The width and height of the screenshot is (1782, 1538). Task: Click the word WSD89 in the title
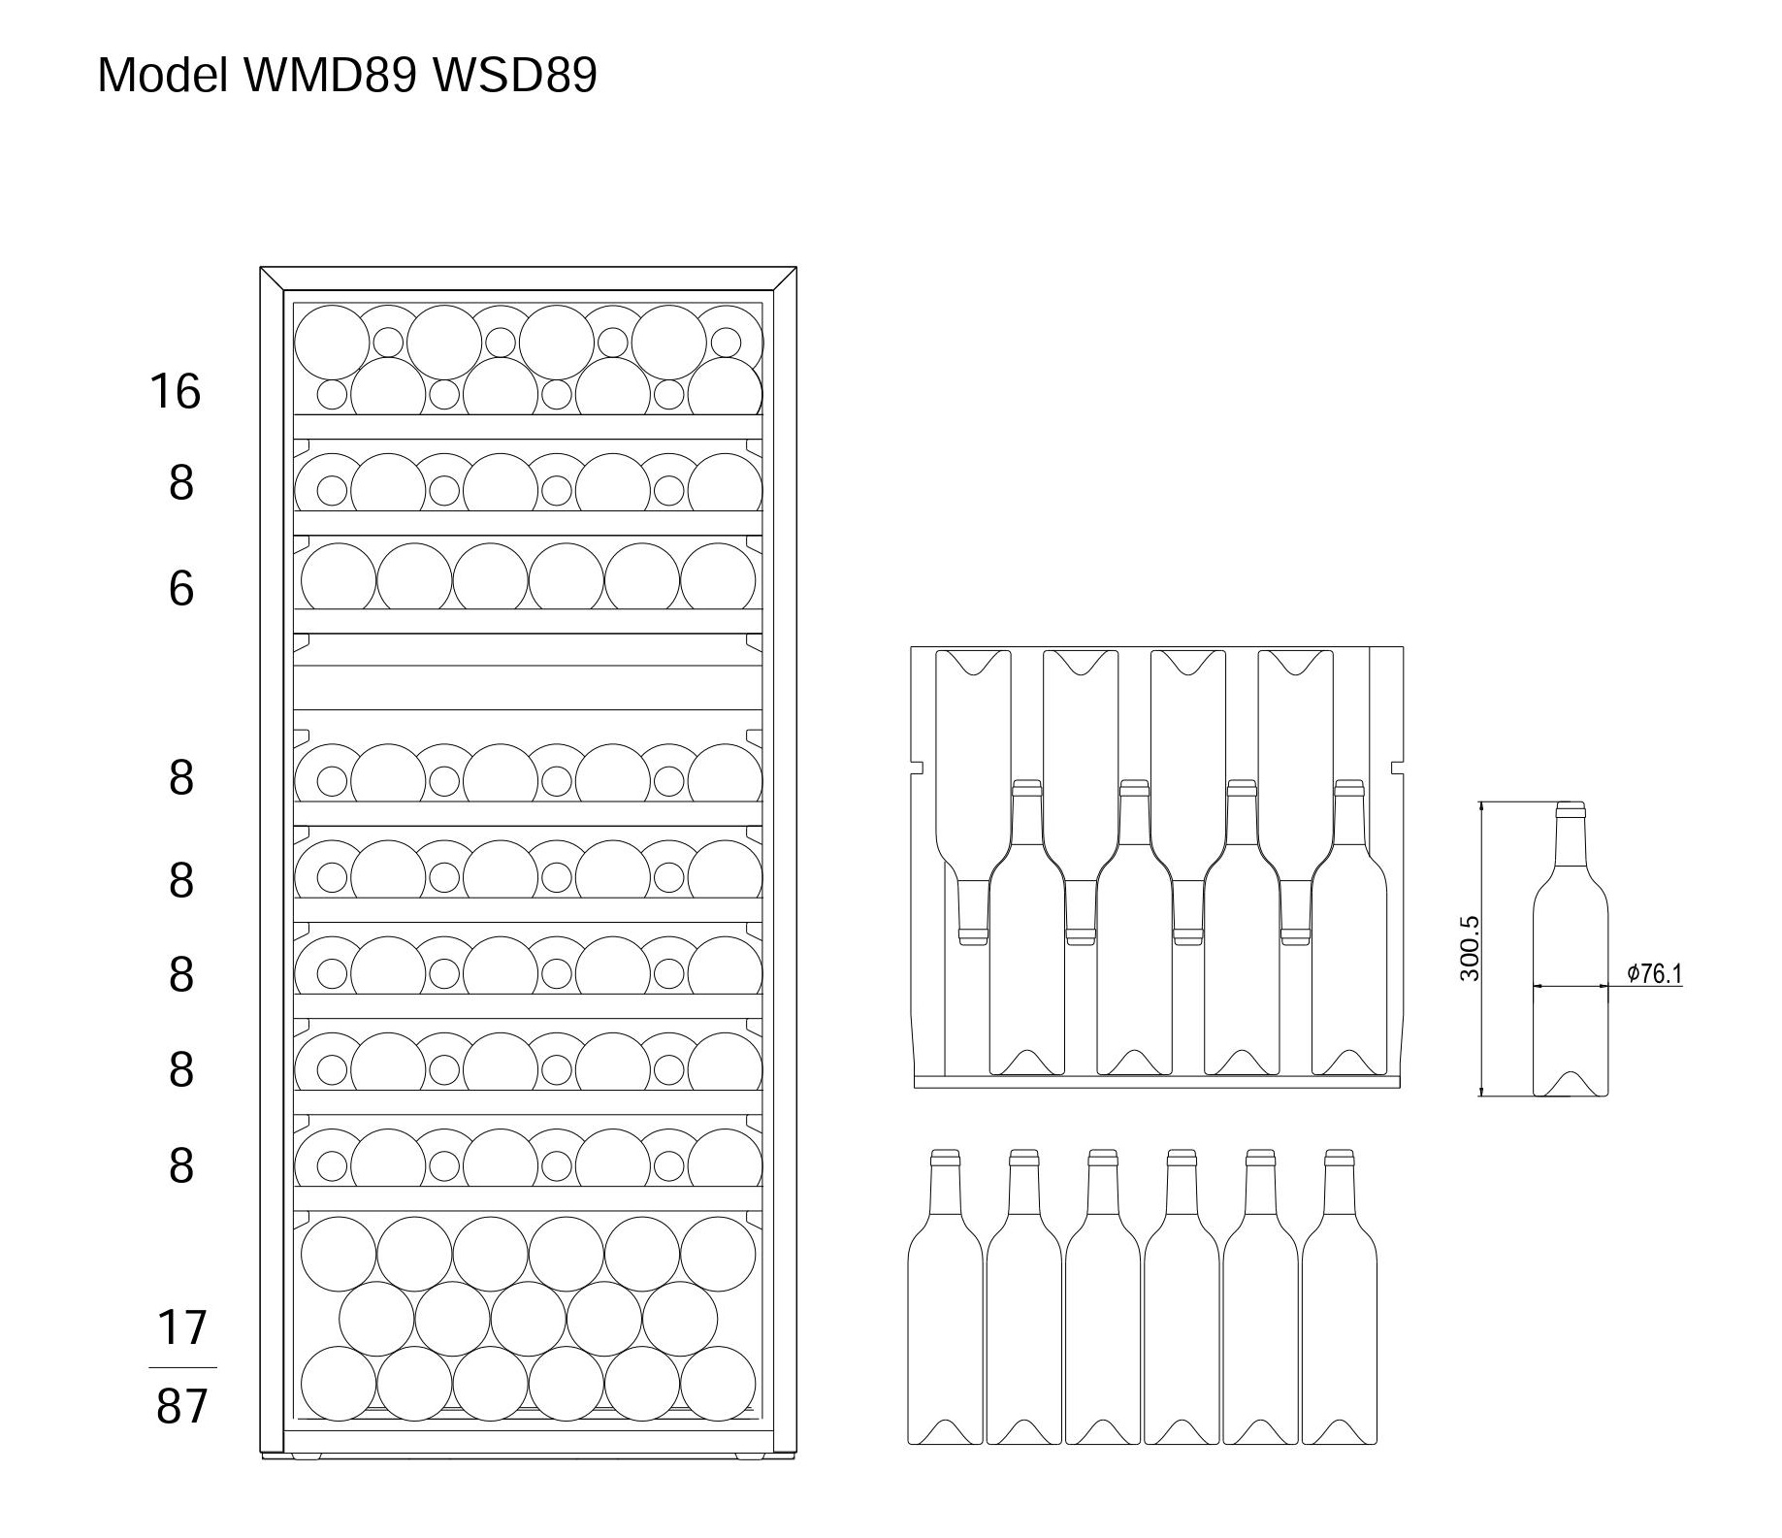click(513, 75)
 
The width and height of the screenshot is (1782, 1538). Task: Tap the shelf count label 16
click(175, 391)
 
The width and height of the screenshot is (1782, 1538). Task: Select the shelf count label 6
click(180, 588)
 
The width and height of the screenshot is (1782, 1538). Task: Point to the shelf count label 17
click(181, 1327)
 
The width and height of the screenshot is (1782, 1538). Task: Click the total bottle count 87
click(181, 1405)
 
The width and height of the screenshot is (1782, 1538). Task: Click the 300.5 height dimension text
click(1470, 948)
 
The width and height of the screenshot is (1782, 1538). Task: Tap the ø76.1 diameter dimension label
click(1655, 973)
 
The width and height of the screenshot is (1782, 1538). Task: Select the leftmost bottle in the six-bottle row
click(945, 1300)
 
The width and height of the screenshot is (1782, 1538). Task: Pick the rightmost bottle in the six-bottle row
click(1340, 1300)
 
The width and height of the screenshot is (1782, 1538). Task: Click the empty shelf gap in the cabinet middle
click(528, 688)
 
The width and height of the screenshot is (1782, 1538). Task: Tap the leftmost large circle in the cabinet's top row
click(332, 343)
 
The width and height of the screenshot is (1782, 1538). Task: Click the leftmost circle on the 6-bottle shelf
click(339, 578)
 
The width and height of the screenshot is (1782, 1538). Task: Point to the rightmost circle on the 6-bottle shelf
click(718, 578)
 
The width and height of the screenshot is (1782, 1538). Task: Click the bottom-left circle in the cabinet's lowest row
click(339, 1382)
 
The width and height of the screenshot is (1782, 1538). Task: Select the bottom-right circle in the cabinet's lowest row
click(718, 1382)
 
